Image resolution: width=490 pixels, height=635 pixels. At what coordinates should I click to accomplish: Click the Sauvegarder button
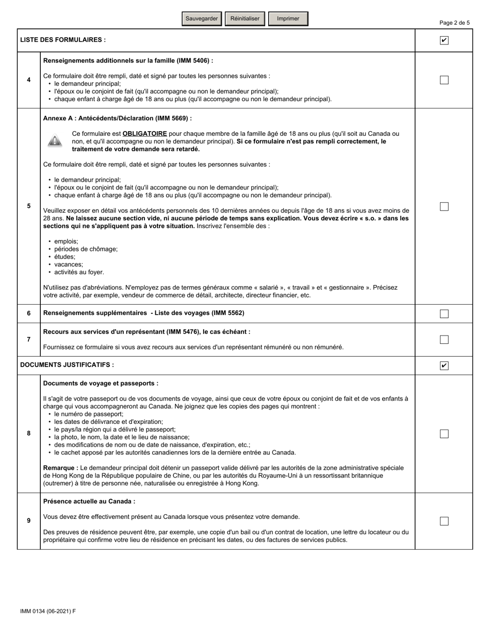202,19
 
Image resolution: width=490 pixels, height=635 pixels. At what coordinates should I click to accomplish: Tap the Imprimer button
288,19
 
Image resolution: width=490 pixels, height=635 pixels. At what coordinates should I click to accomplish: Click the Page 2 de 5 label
454,23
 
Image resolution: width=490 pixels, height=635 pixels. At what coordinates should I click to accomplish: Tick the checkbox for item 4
444,80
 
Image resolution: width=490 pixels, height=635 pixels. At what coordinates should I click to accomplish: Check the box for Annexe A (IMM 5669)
444,207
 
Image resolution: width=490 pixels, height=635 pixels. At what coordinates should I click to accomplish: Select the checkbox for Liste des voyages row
444,314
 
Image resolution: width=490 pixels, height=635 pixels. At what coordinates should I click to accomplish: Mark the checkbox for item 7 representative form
444,340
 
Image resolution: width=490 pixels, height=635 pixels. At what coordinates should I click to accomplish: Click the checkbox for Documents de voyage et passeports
444,434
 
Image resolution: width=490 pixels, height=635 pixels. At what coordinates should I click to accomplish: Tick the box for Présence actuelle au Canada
444,521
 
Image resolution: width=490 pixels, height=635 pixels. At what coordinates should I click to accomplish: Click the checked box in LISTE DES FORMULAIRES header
444,40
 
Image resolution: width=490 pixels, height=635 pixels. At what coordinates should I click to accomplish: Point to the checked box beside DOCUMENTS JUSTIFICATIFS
444,366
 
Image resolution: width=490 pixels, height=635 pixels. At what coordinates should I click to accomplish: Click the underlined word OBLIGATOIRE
144,134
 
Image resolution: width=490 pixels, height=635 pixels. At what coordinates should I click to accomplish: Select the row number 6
29,313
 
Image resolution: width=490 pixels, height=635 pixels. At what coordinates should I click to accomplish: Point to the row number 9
29,521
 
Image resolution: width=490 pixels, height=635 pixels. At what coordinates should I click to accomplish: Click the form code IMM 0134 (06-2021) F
48,611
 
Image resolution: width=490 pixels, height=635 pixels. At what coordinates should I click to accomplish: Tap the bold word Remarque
60,468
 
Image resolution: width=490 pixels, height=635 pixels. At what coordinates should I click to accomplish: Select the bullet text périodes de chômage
86,249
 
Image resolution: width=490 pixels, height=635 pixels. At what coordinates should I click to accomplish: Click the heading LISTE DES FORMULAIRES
63,40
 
